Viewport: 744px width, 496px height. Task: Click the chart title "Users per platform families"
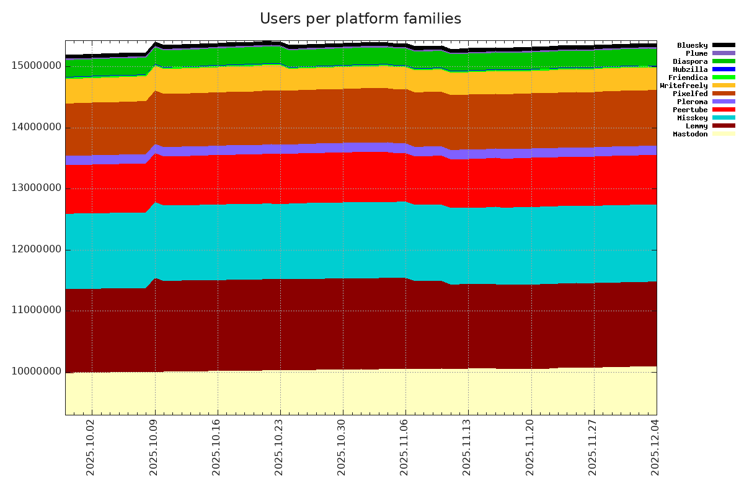pyautogui.click(x=360, y=19)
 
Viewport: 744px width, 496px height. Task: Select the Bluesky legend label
pyautogui.click(x=692, y=45)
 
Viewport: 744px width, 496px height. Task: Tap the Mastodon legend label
pyautogui.click(x=690, y=134)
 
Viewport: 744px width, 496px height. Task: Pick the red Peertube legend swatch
pyautogui.click(x=724, y=110)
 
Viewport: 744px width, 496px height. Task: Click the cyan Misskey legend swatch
pyautogui.click(x=724, y=118)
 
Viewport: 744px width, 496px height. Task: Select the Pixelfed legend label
pyautogui.click(x=690, y=94)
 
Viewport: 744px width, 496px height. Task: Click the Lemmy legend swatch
pyautogui.click(x=724, y=126)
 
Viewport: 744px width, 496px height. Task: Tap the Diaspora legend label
pyautogui.click(x=690, y=61)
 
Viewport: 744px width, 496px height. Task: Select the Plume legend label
pyautogui.click(x=696, y=53)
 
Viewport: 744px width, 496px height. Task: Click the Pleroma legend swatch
pyautogui.click(x=724, y=102)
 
